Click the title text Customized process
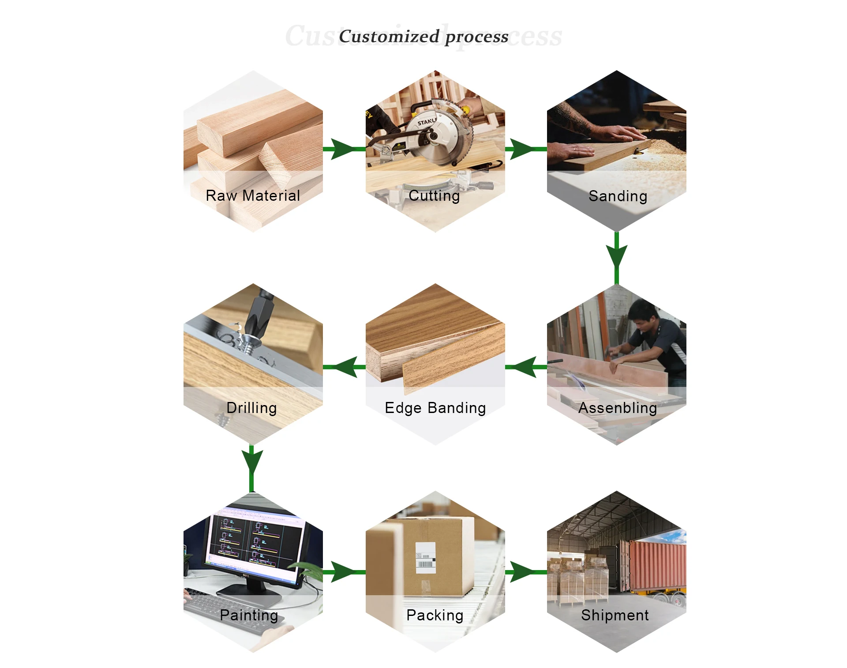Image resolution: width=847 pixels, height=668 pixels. (423, 36)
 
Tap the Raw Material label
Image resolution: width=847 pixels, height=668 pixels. (253, 195)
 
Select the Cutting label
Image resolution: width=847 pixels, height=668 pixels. (434, 195)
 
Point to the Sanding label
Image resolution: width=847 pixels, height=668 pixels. (618, 196)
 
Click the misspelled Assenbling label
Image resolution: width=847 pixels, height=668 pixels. (618, 408)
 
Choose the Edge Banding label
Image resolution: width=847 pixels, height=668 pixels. (435, 408)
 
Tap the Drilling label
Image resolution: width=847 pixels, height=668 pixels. (251, 408)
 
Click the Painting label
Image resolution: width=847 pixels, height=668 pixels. (249, 615)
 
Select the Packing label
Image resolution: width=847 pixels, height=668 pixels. (435, 615)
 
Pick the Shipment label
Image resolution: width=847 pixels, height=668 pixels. (615, 615)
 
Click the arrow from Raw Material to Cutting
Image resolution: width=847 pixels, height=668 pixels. (344, 149)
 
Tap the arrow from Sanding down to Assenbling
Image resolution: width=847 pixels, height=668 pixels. (616, 256)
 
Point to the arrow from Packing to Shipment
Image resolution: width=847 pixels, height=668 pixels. (525, 572)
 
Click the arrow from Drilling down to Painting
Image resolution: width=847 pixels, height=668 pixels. (251, 461)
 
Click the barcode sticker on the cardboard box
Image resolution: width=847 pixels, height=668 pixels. (426, 558)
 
